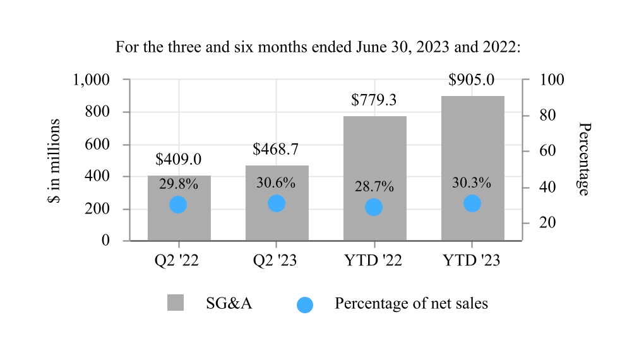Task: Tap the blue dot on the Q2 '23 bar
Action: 276,203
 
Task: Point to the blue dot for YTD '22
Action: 374,207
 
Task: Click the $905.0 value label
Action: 471,80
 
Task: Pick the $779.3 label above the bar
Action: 374,100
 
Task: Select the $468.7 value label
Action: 276,150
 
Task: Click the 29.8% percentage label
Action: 179,184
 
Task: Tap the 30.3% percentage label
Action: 472,183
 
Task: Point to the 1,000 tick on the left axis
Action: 92,80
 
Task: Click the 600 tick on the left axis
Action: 99,145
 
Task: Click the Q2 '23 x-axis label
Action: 277,261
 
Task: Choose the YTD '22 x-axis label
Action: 374,261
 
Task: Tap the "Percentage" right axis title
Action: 584,159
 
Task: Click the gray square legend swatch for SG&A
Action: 176,303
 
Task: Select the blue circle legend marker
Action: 305,304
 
